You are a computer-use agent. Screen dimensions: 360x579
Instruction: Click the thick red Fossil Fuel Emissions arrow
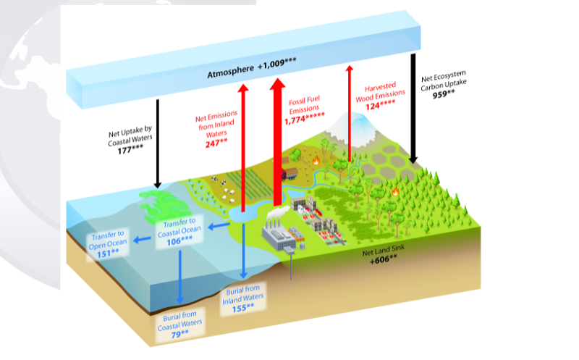pyautogui.click(x=277, y=145)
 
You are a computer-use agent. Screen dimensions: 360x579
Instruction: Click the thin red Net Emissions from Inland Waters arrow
pyautogui.click(x=242, y=145)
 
